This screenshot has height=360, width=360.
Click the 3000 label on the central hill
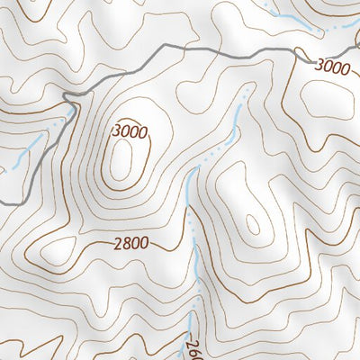pyautogui.click(x=130, y=132)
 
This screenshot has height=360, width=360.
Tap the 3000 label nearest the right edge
pyautogui.click(x=331, y=66)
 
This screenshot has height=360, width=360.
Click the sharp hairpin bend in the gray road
pyautogui.click(x=67, y=95)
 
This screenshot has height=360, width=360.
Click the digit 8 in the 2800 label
pyautogui.click(x=127, y=243)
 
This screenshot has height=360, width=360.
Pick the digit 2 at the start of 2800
pyautogui.click(x=119, y=243)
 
